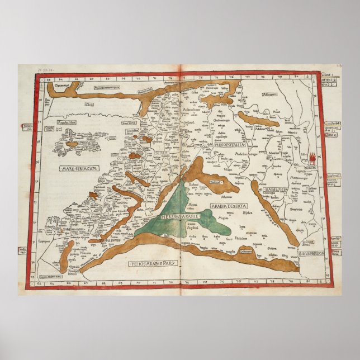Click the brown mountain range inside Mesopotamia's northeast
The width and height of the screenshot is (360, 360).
pos(258,119)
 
